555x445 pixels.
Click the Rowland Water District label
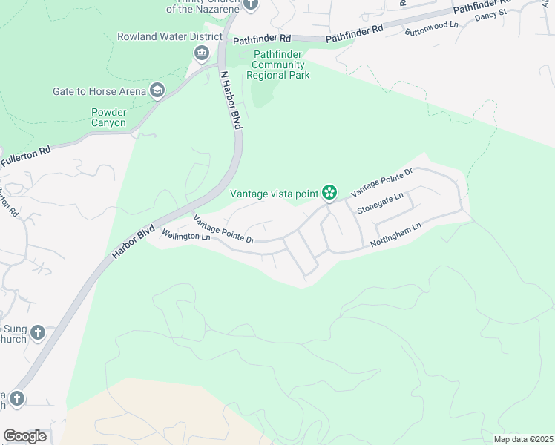coord(170,36)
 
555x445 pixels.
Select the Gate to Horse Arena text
coord(99,91)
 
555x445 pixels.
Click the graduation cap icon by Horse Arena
coord(157,91)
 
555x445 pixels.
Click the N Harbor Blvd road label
coord(231,100)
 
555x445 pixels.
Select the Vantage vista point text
coord(274,194)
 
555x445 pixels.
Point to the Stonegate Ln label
coord(380,202)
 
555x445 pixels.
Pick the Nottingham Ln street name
coord(395,236)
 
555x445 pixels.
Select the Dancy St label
coord(490,14)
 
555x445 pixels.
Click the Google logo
coord(24,436)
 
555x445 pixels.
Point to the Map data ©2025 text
coord(522,439)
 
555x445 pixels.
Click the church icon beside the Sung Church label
coord(39,333)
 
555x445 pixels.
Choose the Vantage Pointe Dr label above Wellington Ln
coord(224,229)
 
